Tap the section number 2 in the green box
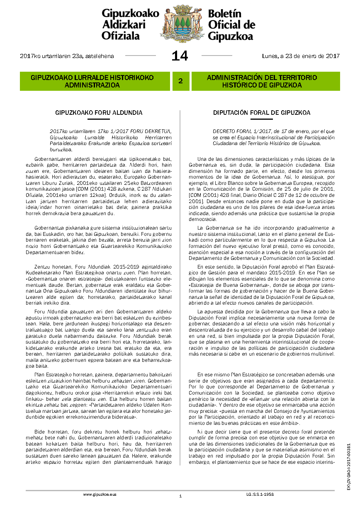[180, 81]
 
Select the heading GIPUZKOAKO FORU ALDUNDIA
[99, 113]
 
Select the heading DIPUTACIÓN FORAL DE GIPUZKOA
[261, 113]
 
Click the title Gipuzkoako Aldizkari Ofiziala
[130, 25]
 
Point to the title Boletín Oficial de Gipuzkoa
[231, 25]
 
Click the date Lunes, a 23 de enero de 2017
[301, 56]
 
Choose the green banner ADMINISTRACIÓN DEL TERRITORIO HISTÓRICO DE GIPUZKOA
[262, 81]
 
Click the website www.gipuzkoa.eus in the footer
[100, 494]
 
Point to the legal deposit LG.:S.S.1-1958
[260, 494]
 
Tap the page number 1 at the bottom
[180, 496]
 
